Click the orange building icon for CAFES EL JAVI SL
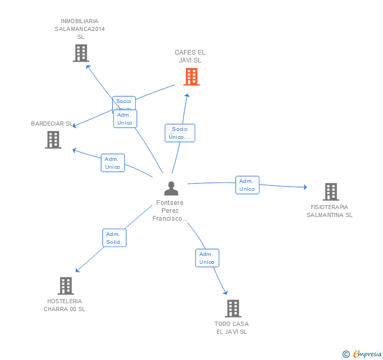click(191, 77)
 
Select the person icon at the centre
click(171, 188)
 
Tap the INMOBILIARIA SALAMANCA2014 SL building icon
click(80, 53)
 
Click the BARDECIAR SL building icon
click(53, 140)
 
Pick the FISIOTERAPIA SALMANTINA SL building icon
click(330, 192)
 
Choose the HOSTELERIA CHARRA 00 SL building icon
click(65, 286)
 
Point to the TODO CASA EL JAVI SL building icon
click(233, 308)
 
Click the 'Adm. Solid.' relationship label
click(114, 238)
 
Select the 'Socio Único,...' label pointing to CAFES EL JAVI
click(180, 133)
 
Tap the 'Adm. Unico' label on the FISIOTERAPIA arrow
click(247, 185)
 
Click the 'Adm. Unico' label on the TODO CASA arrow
click(207, 258)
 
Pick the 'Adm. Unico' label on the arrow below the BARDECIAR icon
click(113, 163)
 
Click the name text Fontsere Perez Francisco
click(170, 210)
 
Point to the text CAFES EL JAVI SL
click(190, 56)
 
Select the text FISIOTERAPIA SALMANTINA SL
click(330, 211)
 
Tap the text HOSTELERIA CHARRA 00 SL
click(65, 305)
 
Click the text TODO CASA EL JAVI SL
click(231, 327)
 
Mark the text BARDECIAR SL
click(52, 124)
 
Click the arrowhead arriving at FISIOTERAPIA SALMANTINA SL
click(305, 187)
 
